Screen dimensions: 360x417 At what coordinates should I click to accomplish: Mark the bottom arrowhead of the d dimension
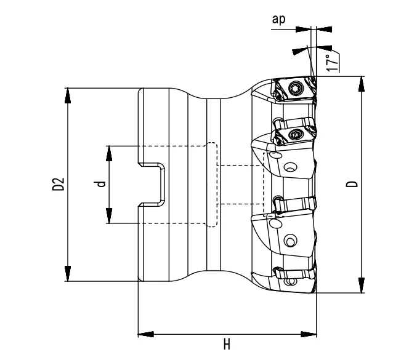(108, 216)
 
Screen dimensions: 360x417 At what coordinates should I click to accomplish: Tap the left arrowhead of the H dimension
(145, 335)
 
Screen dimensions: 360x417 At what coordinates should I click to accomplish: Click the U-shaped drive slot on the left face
(157, 184)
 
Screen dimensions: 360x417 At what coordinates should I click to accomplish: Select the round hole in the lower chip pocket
(291, 239)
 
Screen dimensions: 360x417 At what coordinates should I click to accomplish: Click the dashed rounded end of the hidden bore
(212, 184)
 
